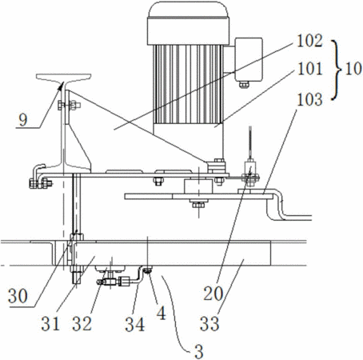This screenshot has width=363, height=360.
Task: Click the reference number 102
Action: tap(309, 42)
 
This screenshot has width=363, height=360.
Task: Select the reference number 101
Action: tap(309, 69)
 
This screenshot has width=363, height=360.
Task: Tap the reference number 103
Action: tap(309, 99)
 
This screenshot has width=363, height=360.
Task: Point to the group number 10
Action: tap(353, 68)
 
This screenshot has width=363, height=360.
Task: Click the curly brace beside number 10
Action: tap(337, 70)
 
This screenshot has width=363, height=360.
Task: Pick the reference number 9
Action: tap(23, 120)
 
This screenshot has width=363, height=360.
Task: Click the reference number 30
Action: tap(18, 296)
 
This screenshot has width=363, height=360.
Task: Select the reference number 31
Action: tap(50, 323)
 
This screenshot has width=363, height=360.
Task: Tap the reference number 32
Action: tap(82, 323)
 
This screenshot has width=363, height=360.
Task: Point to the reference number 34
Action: tap(135, 324)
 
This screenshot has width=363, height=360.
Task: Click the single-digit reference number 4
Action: tap(162, 313)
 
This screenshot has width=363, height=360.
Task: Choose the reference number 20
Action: tap(213, 294)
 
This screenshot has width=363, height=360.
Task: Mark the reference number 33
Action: tap(209, 323)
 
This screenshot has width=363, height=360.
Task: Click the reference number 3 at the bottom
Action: tap(199, 351)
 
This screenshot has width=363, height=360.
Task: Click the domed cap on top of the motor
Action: tap(188, 10)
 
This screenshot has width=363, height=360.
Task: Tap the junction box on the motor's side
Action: tap(249, 59)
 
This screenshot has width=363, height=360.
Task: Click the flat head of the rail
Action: tap(64, 78)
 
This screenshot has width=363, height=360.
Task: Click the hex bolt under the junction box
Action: tap(244, 85)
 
